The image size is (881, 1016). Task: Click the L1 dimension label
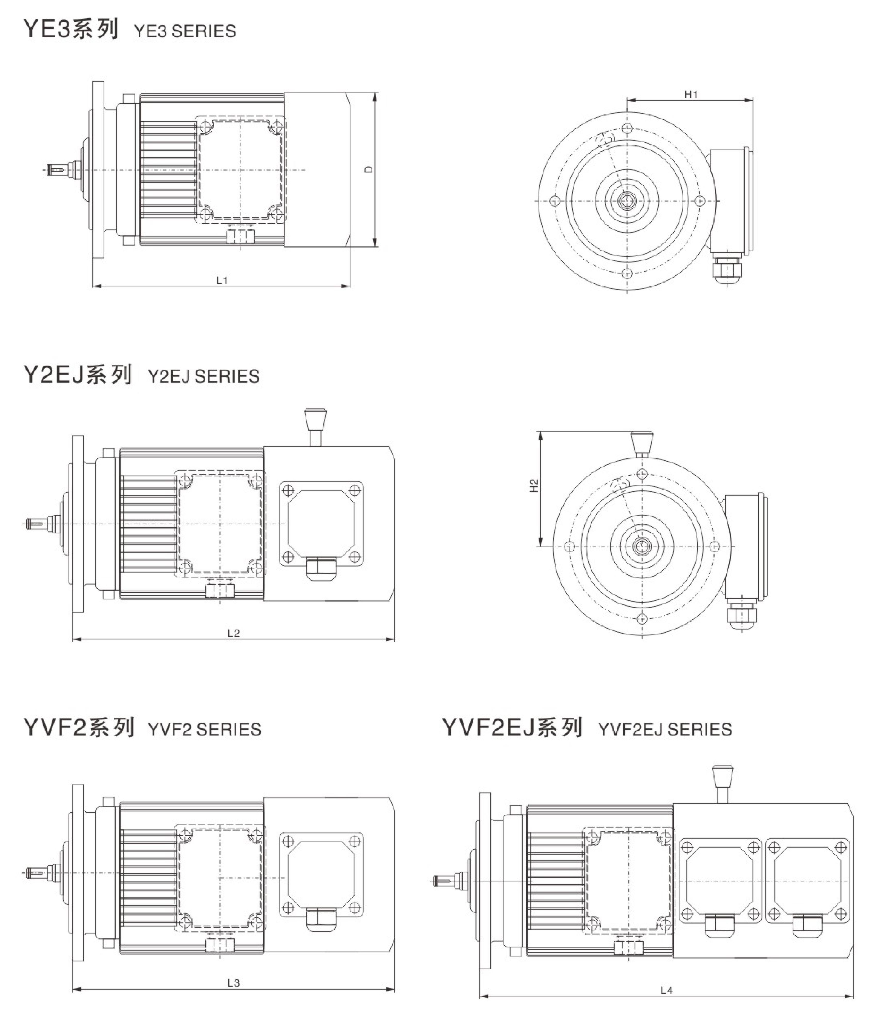click(x=222, y=280)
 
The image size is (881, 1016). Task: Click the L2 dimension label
click(x=233, y=633)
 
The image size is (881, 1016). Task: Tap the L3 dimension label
click(x=233, y=983)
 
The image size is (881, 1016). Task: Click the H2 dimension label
click(x=534, y=485)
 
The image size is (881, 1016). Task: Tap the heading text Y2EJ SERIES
click(x=204, y=377)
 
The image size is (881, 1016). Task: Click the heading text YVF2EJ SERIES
click(x=665, y=729)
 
